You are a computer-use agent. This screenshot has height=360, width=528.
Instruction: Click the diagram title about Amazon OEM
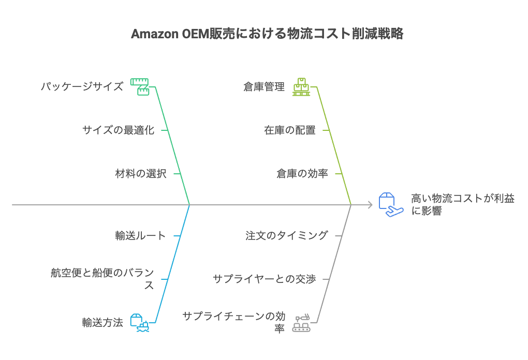tap(267, 34)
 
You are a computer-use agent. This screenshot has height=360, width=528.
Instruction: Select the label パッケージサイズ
tap(82, 86)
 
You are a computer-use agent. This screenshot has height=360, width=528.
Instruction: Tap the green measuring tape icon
tap(139, 86)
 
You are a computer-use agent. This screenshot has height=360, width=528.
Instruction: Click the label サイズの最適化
tap(118, 130)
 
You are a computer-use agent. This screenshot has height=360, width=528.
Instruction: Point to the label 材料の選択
tap(140, 173)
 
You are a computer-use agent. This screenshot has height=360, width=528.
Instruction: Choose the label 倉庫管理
tap(264, 86)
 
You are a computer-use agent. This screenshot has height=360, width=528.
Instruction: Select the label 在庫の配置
tap(289, 130)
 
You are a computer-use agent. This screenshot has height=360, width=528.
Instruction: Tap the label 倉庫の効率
tap(302, 173)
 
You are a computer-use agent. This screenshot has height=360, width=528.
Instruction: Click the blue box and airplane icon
tap(390, 205)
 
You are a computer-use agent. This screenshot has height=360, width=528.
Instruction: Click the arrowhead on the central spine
tap(370, 205)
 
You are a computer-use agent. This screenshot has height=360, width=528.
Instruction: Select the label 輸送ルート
tap(140, 235)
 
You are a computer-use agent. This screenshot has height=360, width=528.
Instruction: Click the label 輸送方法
tap(102, 322)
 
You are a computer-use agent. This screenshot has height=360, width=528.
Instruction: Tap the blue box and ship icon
tap(139, 322)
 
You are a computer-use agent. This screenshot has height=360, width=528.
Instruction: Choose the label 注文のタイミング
tap(286, 235)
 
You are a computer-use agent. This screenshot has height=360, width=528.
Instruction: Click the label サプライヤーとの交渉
tap(264, 279)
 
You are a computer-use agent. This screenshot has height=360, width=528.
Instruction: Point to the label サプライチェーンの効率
tap(233, 322)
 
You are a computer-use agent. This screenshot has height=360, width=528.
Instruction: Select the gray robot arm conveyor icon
tap(301, 323)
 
